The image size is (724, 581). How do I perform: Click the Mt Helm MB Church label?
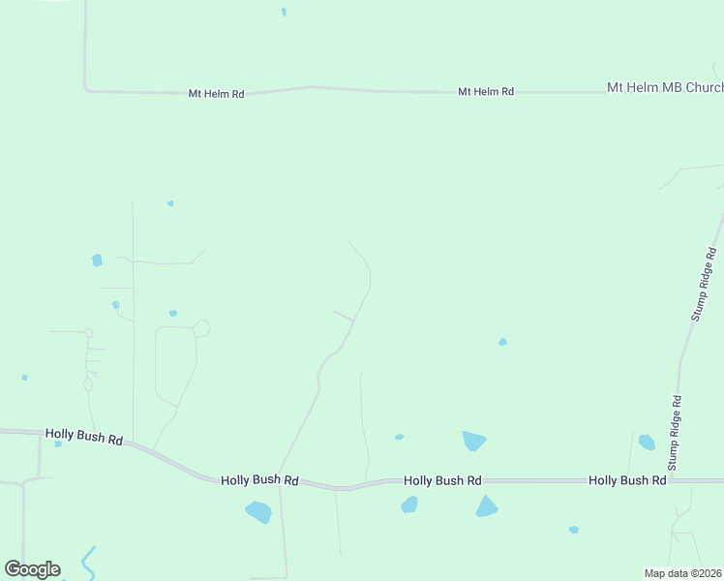(664, 88)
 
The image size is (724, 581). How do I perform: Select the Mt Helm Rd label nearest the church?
(485, 92)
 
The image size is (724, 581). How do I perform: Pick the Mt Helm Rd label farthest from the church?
(216, 94)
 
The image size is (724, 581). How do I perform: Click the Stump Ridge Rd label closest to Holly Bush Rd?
(677, 414)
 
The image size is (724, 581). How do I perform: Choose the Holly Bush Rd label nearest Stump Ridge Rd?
(627, 480)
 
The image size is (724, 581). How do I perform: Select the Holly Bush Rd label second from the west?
(258, 479)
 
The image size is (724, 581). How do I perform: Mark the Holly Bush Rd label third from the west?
(442, 480)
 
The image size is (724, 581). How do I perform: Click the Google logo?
(32, 569)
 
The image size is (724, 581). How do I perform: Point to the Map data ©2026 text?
(683, 572)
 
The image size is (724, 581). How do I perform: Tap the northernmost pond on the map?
(284, 12)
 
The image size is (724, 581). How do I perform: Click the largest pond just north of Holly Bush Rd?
(473, 441)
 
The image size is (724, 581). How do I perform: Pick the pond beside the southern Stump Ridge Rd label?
(647, 443)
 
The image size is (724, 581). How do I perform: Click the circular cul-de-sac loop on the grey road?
(201, 328)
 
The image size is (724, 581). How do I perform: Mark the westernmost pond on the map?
(24, 378)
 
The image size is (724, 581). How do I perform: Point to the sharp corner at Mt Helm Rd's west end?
(86, 89)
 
